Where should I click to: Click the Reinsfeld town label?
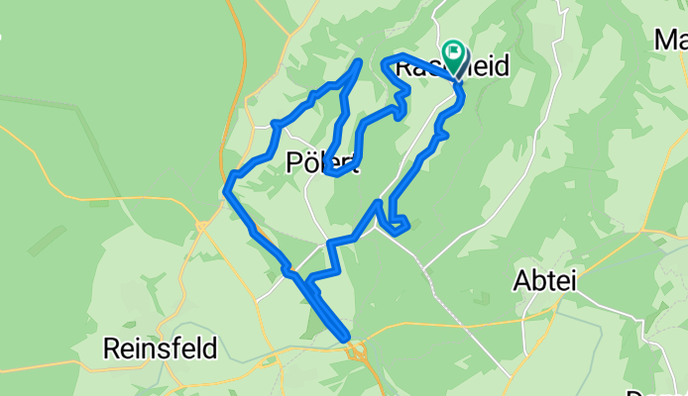161,348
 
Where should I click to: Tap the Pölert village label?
320,161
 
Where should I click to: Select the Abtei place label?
544,281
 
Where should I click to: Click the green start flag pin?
454,54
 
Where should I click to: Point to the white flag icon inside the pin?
454,50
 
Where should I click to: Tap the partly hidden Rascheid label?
452,67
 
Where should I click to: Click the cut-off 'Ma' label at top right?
672,41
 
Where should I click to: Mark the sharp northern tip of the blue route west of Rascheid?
358,61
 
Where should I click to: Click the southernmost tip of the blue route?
347,339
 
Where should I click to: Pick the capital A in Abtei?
521,281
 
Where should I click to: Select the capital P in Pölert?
292,161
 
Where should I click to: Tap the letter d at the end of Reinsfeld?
209,348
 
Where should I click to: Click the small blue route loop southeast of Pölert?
398,226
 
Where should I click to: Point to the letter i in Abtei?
572,281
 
